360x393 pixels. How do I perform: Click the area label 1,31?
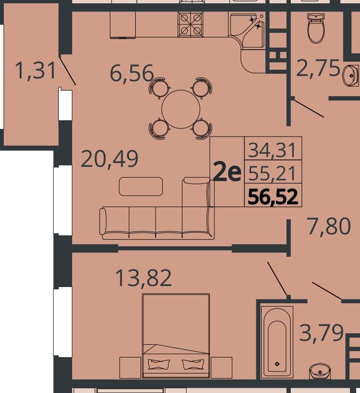tap(36, 71)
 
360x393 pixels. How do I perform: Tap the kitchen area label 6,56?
tap(131, 73)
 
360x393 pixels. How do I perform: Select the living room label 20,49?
tap(109, 159)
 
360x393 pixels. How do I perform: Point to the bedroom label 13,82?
tap(143, 278)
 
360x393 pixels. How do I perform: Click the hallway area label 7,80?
tap(329, 226)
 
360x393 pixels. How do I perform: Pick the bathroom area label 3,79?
tap(321, 333)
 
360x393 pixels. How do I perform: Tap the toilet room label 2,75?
tap(318, 68)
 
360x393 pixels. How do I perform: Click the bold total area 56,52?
tap(273, 197)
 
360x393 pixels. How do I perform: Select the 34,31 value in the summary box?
tap(273, 150)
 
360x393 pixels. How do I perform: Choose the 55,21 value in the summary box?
tap(273, 173)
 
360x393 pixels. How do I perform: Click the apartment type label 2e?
tap(227, 172)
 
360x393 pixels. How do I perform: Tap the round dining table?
tap(181, 109)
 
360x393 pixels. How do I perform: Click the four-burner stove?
tap(191, 24)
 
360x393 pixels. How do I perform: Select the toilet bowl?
tap(316, 28)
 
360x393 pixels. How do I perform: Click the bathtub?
tap(277, 342)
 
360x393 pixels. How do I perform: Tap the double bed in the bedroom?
tap(176, 336)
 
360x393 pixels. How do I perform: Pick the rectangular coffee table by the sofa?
tap(141, 186)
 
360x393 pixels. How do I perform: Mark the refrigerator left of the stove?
tap(123, 25)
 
